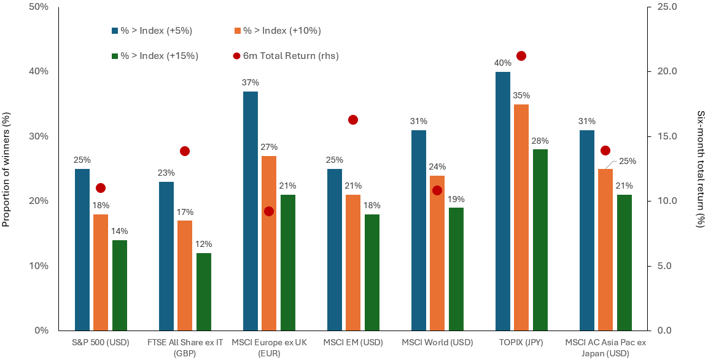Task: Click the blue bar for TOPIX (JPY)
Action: (x=502, y=201)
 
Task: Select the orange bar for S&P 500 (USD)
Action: (x=101, y=272)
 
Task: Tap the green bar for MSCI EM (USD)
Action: (x=372, y=272)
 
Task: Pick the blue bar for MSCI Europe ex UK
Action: (x=251, y=211)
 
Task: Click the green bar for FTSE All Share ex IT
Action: (x=204, y=292)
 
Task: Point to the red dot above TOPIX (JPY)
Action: (x=521, y=56)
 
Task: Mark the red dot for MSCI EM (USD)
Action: (x=353, y=120)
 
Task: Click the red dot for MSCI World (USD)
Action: (x=437, y=190)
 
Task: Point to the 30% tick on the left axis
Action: (x=41, y=136)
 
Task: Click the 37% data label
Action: (x=251, y=83)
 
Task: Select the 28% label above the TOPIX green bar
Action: (x=540, y=141)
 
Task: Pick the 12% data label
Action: (x=204, y=245)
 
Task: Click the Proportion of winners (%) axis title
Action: (x=7, y=169)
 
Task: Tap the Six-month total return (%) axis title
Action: (x=700, y=169)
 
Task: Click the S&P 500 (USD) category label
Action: (x=101, y=342)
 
